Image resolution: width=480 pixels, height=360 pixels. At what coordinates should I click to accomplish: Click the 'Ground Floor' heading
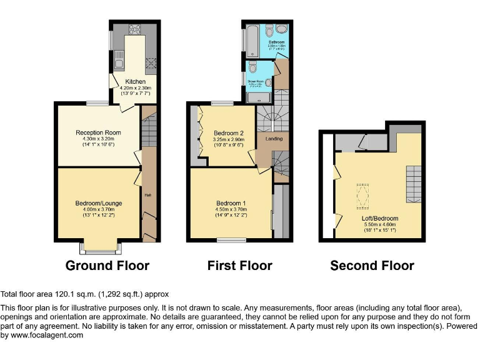coord(107,266)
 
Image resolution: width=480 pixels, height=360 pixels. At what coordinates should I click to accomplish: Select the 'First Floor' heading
coord(239,266)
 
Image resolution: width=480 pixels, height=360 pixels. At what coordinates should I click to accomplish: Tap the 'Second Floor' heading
coord(372,266)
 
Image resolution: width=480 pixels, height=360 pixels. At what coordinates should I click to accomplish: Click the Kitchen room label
coord(136,82)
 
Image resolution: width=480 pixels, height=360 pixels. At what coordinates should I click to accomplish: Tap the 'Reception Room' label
coord(98,133)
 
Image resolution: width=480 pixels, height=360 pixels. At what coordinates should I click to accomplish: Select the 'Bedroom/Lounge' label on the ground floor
coord(99,204)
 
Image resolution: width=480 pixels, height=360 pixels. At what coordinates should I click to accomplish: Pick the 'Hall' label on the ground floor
coord(148,196)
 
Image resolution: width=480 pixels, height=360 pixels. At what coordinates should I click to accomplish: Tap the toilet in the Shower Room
coord(253,67)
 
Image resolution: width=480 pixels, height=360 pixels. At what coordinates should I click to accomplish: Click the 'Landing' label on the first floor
coord(274,139)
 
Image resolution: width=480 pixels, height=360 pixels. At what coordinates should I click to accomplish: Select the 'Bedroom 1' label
coord(231,204)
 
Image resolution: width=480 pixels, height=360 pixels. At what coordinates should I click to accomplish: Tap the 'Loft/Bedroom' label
coord(379,219)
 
